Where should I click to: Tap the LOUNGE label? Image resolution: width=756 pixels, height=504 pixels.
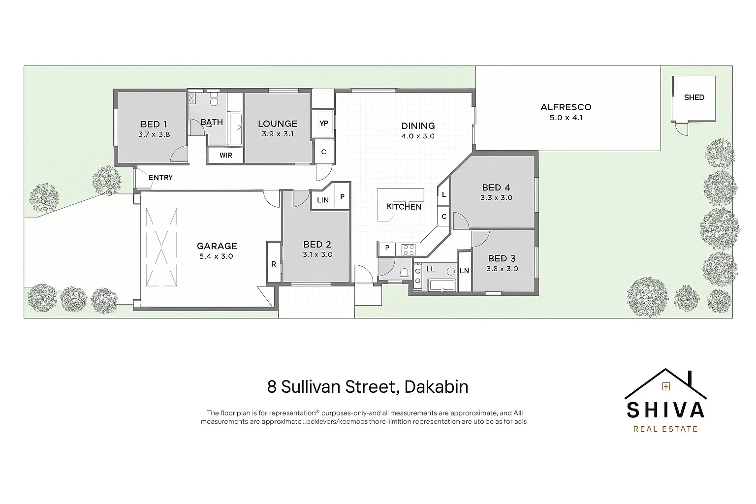(x=278, y=124)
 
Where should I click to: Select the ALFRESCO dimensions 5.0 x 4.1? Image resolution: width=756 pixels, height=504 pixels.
(x=566, y=118)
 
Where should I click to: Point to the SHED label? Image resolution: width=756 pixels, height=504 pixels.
(x=694, y=97)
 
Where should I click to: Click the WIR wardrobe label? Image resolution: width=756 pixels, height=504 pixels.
(x=226, y=155)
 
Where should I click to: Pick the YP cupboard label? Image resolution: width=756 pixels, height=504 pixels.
(x=324, y=124)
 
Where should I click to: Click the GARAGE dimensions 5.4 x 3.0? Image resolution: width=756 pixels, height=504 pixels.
(x=217, y=256)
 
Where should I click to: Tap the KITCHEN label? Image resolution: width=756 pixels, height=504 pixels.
(x=404, y=207)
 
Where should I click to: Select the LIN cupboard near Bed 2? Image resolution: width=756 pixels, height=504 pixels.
(x=323, y=200)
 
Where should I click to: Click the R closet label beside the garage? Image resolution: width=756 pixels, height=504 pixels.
(x=274, y=264)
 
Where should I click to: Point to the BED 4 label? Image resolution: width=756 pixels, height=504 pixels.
(x=496, y=188)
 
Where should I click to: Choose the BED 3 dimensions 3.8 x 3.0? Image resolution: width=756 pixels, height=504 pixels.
(x=502, y=269)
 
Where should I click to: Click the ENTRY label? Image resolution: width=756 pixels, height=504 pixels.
(x=160, y=178)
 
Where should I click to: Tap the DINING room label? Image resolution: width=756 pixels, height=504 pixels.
(x=418, y=126)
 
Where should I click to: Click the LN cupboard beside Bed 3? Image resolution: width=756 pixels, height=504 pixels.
(x=464, y=271)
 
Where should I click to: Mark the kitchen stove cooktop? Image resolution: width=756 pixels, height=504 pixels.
(x=409, y=250)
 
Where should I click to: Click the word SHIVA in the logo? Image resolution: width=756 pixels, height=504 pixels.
(x=665, y=410)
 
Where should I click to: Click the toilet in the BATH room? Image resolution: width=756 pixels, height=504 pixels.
(x=214, y=102)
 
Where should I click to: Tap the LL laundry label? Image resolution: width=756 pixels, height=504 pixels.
(x=430, y=269)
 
